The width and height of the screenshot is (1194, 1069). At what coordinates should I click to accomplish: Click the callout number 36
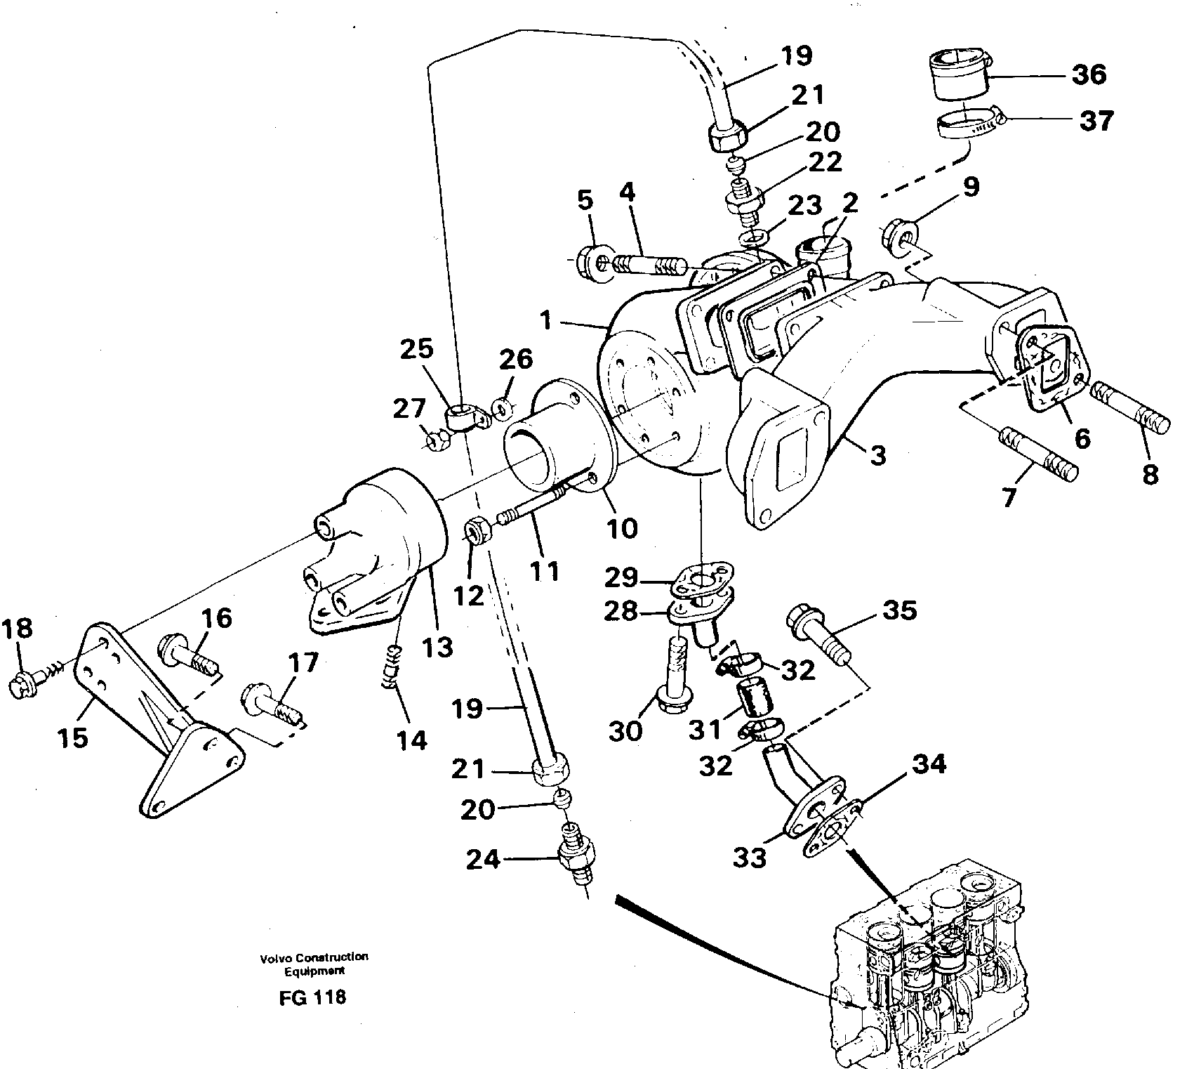point(1089,74)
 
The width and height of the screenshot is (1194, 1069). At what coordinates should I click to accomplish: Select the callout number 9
point(971,188)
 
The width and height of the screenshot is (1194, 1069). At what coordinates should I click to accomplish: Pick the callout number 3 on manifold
point(877,456)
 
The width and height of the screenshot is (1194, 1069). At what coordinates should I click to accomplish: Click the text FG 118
point(312,997)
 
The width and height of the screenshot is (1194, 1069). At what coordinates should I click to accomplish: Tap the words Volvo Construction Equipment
point(313,964)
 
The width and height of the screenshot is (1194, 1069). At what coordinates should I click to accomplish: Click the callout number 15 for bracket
point(73,737)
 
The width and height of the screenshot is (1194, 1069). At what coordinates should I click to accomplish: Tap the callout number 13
point(437,647)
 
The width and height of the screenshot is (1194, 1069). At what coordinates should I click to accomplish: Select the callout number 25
point(418,349)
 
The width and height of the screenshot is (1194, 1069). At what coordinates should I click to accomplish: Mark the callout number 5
point(585,199)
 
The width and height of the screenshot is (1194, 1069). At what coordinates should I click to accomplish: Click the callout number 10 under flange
point(621,527)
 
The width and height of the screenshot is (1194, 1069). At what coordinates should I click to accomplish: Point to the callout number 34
point(929,763)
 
